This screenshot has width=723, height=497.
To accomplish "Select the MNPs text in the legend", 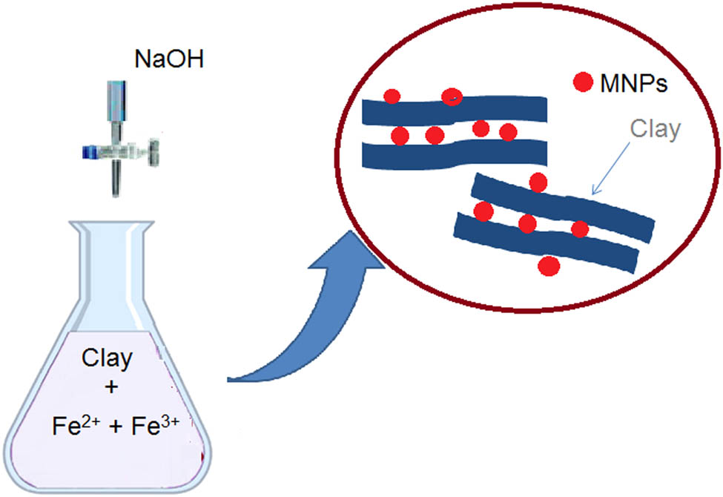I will click(x=633, y=83).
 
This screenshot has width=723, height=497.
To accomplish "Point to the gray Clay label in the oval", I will click(x=654, y=129).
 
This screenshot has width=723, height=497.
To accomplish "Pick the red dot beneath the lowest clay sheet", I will click(x=549, y=265).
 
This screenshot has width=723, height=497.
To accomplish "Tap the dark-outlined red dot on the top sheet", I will click(x=452, y=97).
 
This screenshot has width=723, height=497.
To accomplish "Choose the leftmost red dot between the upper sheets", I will click(x=400, y=136).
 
